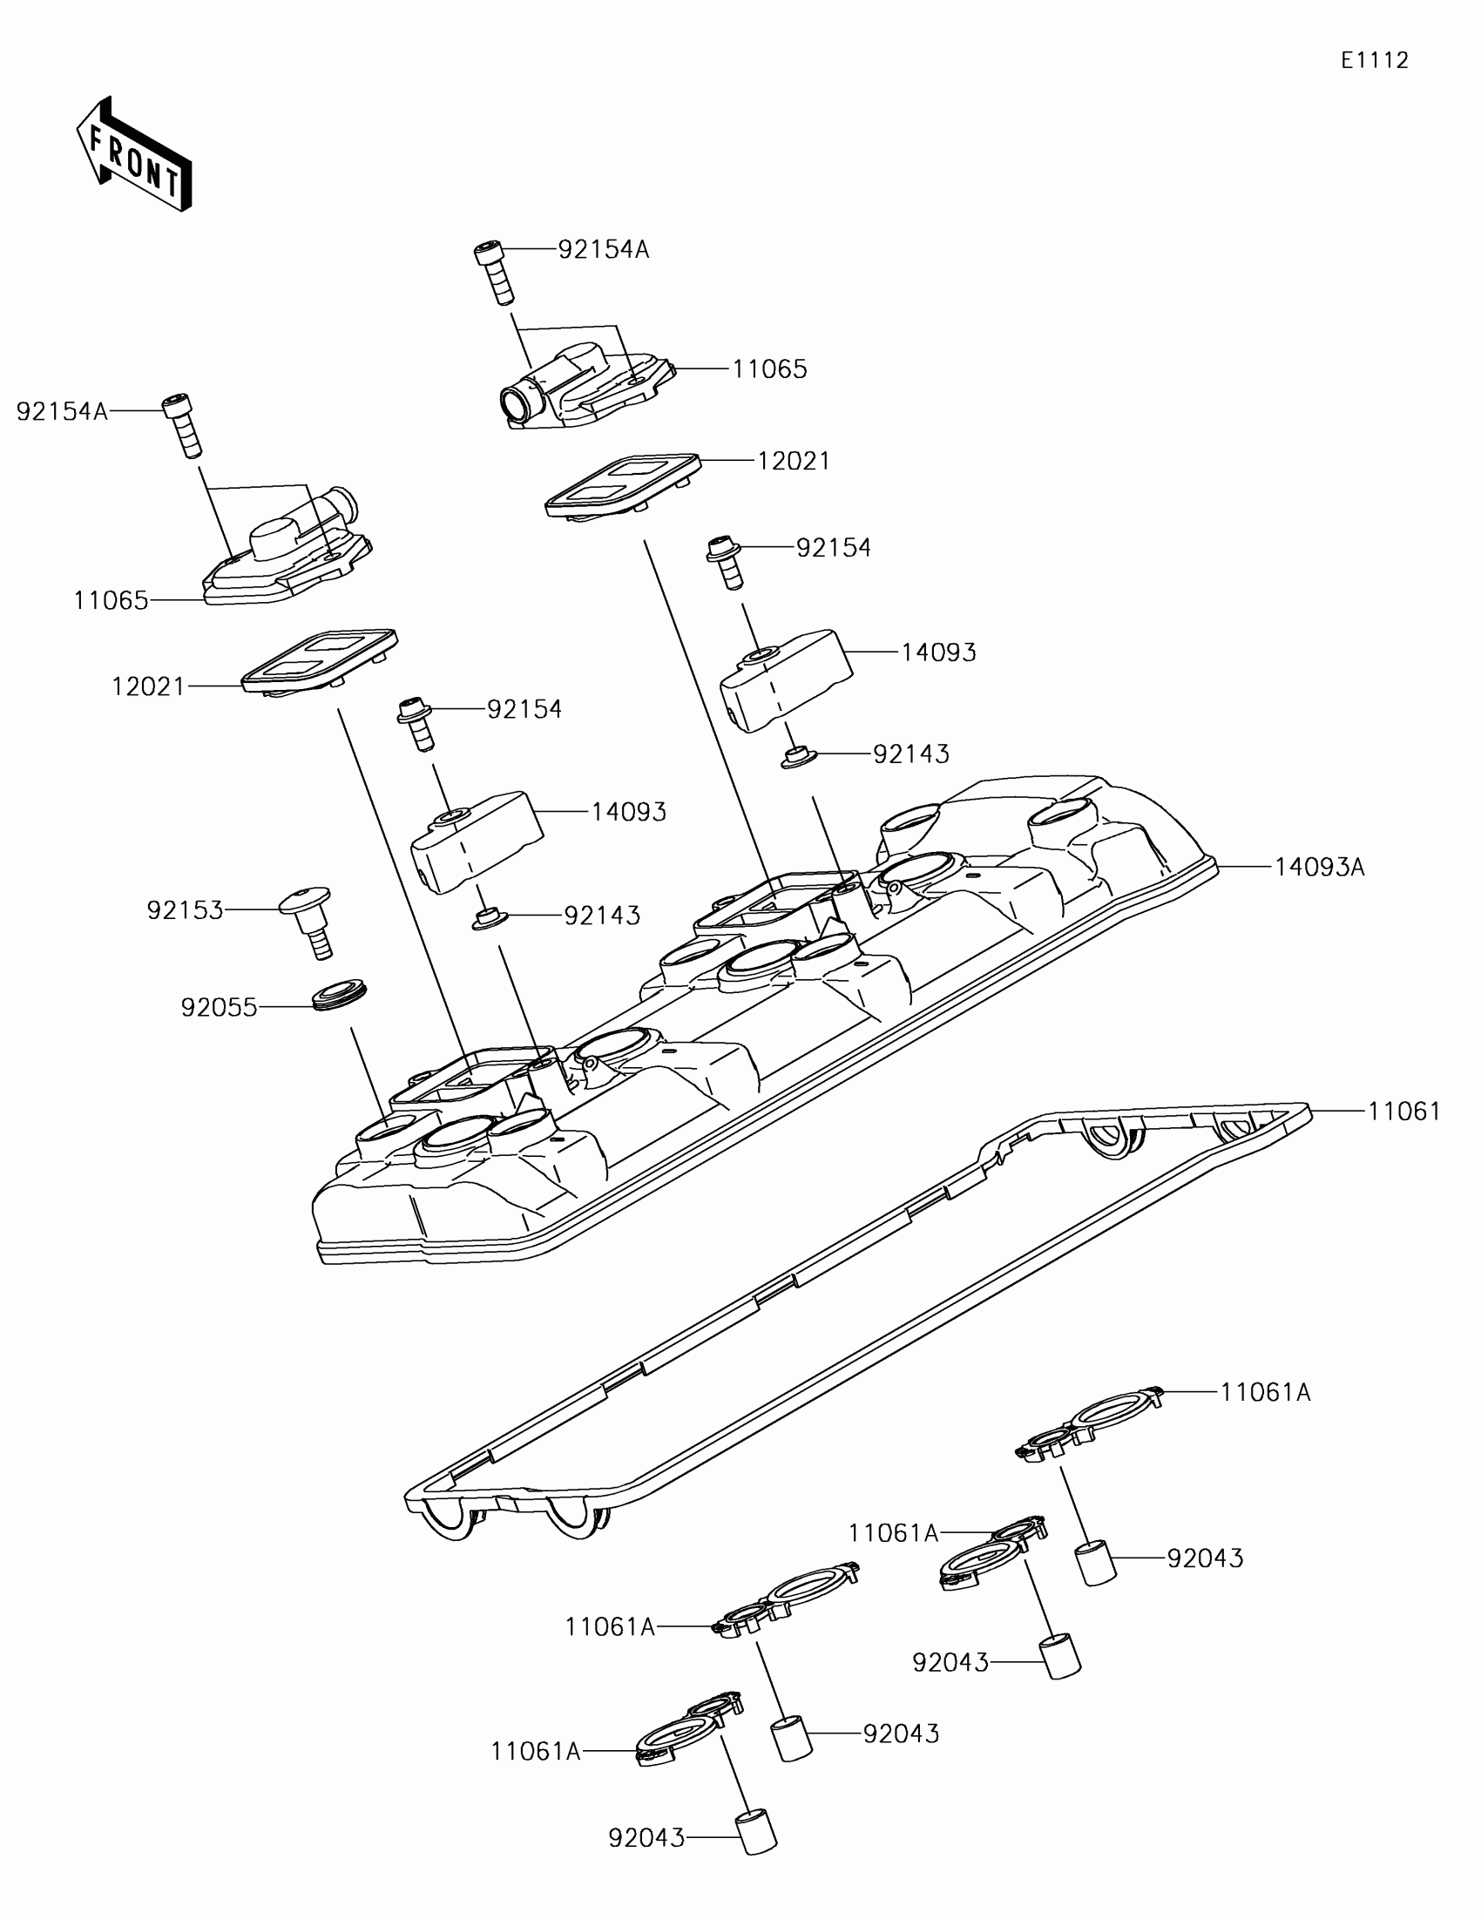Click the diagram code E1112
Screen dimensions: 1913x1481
click(x=1374, y=60)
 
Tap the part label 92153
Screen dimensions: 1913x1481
click(x=185, y=911)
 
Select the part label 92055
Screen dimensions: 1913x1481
click(x=219, y=1007)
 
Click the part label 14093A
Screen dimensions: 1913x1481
click(x=1319, y=867)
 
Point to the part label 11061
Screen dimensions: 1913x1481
click(x=1404, y=1112)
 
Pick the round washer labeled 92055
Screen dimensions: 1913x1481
click(x=340, y=997)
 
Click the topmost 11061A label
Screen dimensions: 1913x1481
click(x=1265, y=1392)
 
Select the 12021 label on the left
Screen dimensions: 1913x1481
click(x=148, y=686)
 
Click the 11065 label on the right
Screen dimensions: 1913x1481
click(x=769, y=369)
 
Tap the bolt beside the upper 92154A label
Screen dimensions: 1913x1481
click(x=495, y=272)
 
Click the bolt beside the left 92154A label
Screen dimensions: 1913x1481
click(x=183, y=427)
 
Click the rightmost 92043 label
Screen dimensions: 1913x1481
click(x=1204, y=1558)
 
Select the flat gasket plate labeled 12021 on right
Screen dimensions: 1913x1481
click(x=622, y=485)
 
